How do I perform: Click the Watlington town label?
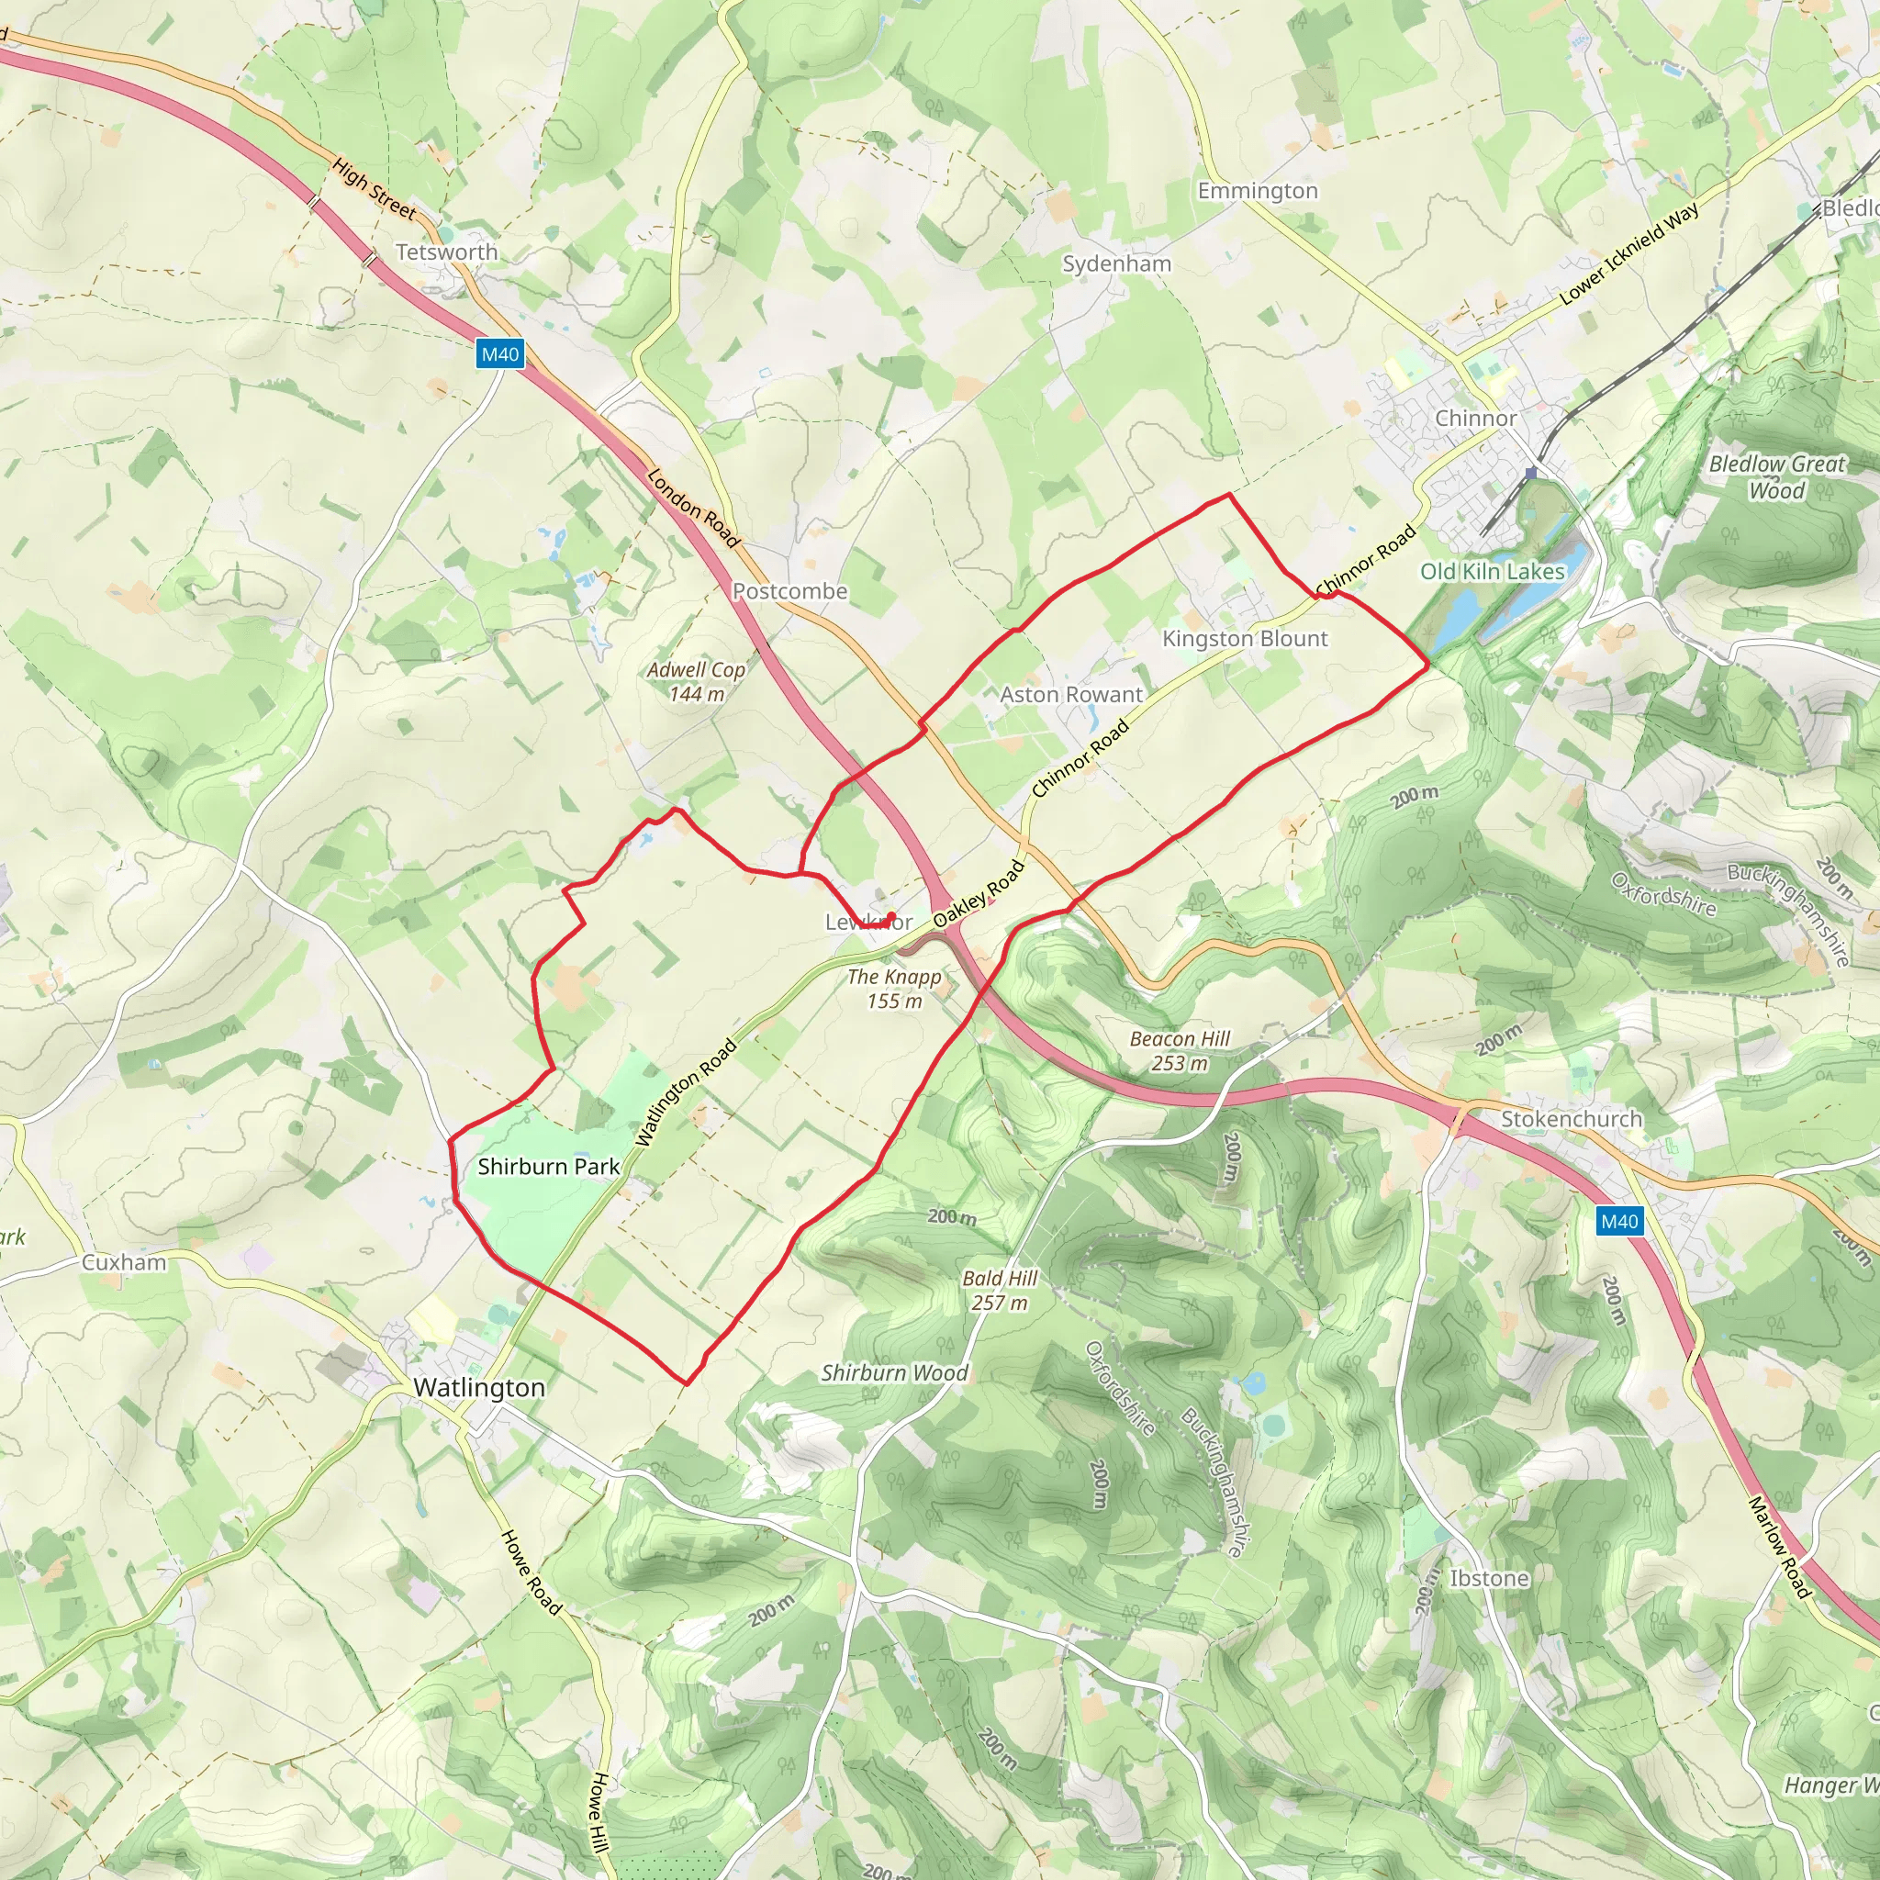tap(479, 1388)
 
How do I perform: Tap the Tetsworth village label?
tap(447, 252)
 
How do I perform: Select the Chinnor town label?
tap(1475, 419)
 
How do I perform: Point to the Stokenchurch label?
tap(1571, 1119)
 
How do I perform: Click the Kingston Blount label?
tap(1245, 639)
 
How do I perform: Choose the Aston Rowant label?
tap(1071, 695)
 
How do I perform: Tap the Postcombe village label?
tap(789, 592)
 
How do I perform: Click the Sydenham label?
tap(1116, 263)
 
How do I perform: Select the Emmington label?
tap(1258, 191)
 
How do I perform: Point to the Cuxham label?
tap(124, 1263)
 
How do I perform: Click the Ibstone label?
tap(1489, 1578)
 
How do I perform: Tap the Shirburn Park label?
tap(549, 1167)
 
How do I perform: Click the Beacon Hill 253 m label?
tap(1180, 1051)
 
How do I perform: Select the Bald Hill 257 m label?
tap(1000, 1291)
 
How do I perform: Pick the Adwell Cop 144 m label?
tap(696, 681)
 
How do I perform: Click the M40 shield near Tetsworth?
tap(500, 354)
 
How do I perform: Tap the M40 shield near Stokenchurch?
tap(1619, 1221)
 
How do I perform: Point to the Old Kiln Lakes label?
tap(1492, 571)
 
